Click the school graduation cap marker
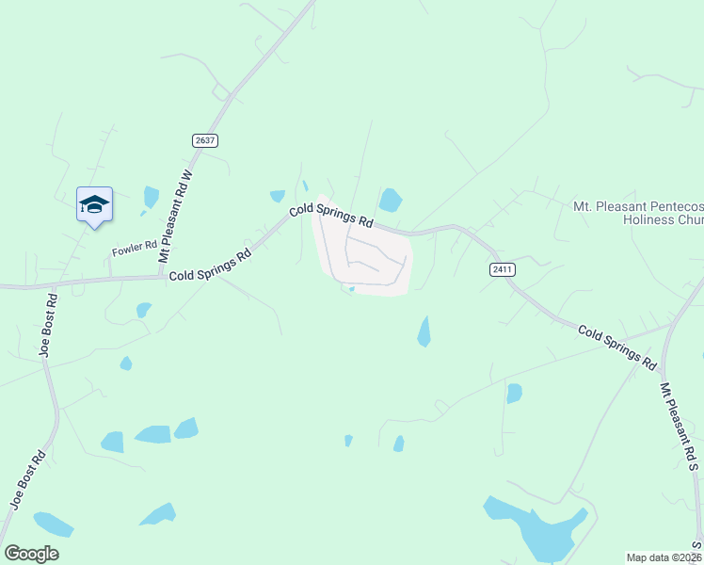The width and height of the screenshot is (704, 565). tap(94, 204)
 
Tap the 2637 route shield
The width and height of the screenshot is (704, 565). tap(205, 140)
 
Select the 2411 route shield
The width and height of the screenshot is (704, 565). tap(503, 269)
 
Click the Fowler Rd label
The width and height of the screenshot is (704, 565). tap(133, 250)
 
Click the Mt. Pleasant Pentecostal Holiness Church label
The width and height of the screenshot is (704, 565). tap(638, 213)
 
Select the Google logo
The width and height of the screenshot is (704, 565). tap(31, 554)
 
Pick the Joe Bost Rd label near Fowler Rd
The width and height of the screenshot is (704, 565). tap(49, 325)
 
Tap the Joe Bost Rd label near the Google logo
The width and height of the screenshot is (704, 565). tap(28, 479)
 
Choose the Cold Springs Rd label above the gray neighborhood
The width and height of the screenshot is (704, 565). tap(331, 217)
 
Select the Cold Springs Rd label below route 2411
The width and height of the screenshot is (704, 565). tap(616, 346)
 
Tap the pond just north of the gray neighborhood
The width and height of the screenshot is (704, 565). tap(390, 200)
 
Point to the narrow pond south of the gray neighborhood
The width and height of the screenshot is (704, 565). tap(424, 331)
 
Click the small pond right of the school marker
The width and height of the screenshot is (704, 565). tap(151, 197)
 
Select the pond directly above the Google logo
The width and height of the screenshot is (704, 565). tap(53, 524)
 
